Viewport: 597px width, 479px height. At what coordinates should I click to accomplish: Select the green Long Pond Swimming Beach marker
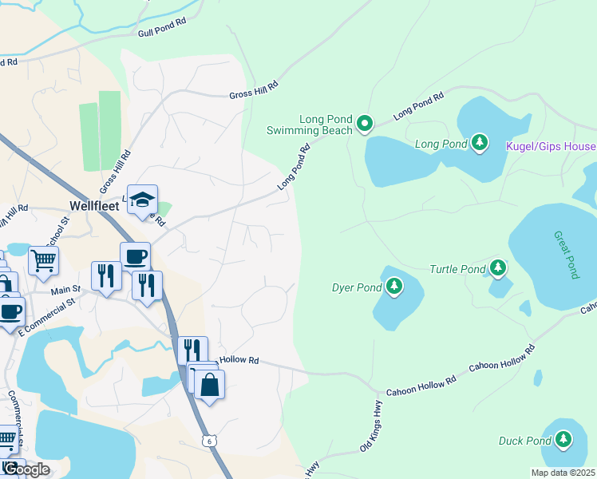click(365, 123)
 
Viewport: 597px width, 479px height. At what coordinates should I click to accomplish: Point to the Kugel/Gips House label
click(551, 147)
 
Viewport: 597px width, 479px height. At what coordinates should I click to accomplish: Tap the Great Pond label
click(565, 255)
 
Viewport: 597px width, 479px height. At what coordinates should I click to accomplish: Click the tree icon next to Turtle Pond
click(498, 267)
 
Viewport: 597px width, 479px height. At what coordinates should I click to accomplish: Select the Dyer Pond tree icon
click(393, 285)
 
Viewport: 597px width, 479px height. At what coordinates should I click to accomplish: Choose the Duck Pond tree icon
click(563, 438)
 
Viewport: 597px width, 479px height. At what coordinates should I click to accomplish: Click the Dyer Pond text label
click(357, 287)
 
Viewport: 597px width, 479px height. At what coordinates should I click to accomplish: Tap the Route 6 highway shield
click(208, 441)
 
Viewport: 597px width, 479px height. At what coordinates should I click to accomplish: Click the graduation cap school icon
click(142, 200)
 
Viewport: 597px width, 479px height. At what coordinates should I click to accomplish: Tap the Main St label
click(66, 291)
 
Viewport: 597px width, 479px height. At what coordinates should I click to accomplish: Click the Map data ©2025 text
click(562, 473)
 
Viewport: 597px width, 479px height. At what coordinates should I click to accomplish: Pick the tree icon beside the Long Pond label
click(479, 143)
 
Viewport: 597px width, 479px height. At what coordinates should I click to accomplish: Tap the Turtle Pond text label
click(457, 270)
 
